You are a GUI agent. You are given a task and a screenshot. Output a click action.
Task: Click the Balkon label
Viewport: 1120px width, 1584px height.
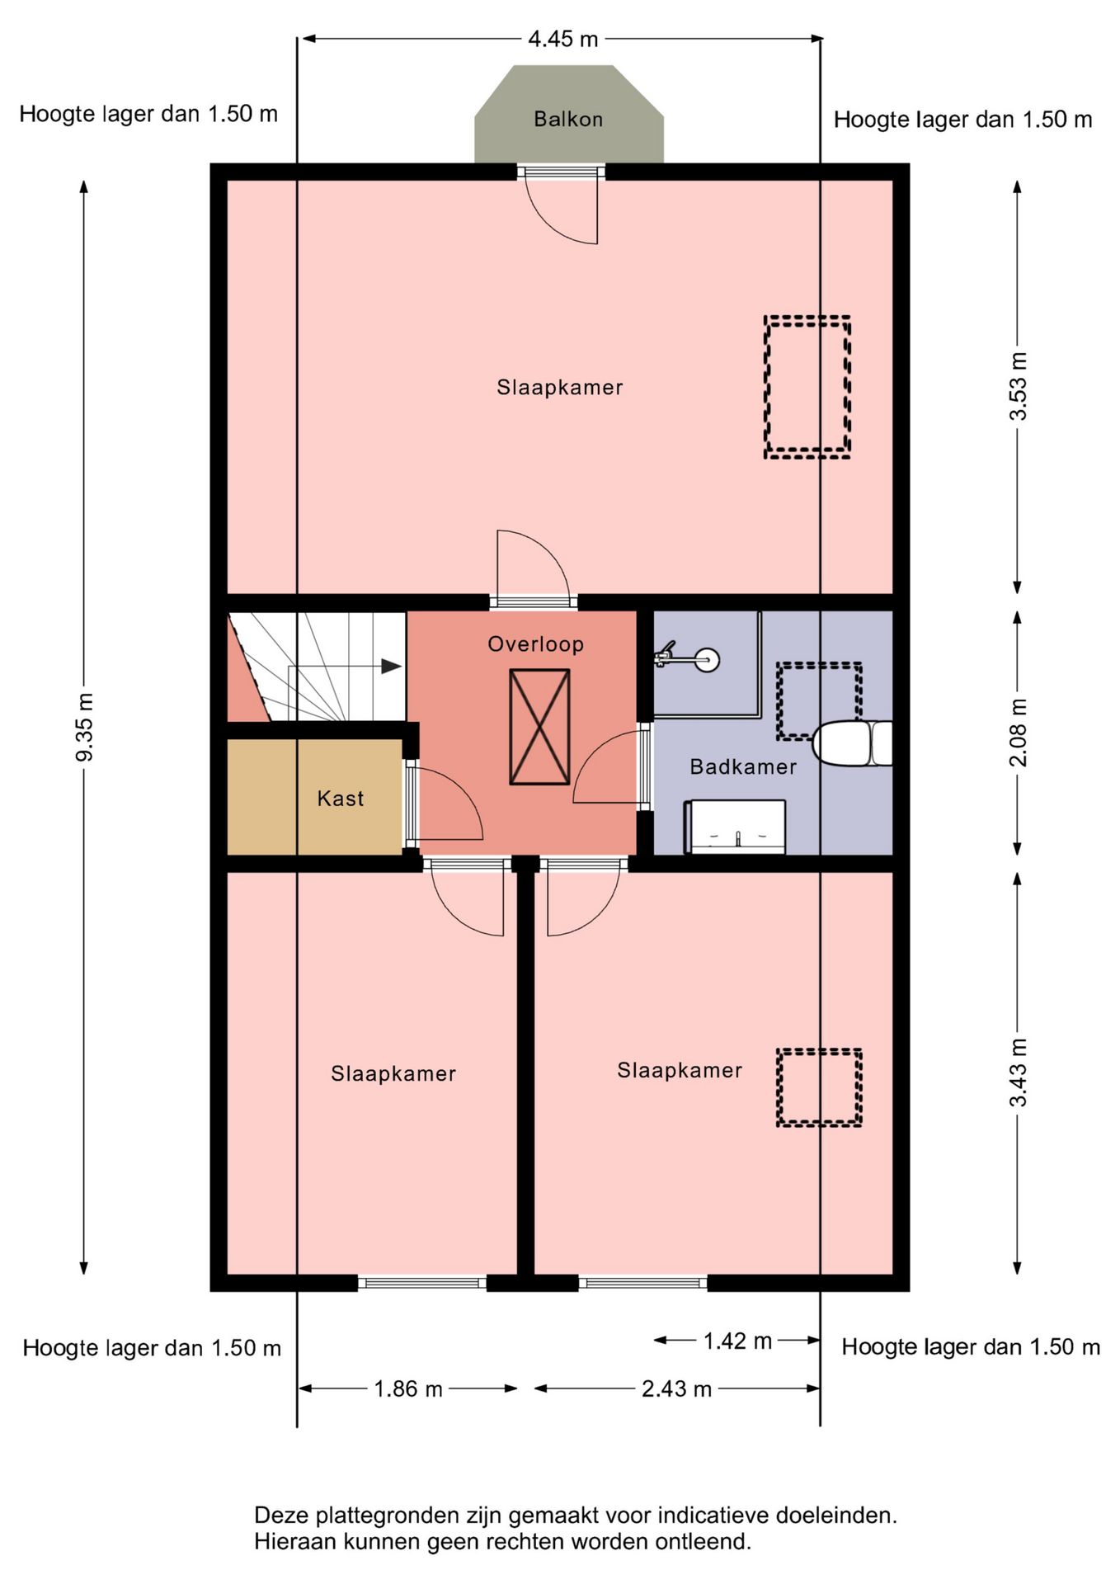(568, 119)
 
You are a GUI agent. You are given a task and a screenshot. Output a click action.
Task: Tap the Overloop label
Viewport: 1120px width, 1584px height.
(536, 644)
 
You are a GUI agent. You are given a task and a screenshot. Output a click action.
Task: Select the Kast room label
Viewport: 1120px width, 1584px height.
(341, 799)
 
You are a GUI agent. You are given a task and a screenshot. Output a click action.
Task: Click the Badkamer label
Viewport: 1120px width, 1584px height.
(743, 767)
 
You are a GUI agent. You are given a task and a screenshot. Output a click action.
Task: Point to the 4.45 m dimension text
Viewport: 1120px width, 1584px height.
(563, 39)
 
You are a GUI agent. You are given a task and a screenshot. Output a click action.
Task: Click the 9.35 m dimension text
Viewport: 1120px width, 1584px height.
(84, 727)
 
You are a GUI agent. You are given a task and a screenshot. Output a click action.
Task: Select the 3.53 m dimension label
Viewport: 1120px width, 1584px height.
(1019, 386)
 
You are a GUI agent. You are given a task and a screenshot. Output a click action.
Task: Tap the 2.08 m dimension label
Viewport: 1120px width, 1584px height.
(1019, 733)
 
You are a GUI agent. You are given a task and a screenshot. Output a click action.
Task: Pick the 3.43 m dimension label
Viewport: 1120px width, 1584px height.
(1019, 1072)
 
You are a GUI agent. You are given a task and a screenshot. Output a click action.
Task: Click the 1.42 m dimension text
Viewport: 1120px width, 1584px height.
(737, 1341)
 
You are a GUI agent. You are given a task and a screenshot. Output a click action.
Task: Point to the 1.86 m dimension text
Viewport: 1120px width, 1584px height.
(408, 1389)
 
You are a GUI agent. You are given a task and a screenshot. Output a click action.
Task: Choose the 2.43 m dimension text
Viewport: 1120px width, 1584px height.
(676, 1389)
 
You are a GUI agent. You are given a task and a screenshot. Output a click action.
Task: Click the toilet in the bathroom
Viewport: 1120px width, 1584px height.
(853, 743)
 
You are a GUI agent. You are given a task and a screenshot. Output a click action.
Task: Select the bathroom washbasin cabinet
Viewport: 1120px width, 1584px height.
(735, 827)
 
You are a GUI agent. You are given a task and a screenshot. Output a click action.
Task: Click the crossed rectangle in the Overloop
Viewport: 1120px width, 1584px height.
(539, 727)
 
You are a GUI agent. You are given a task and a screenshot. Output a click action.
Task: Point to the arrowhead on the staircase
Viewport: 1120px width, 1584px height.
(391, 667)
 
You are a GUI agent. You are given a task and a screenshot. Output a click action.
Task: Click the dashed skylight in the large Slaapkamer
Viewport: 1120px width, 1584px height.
(807, 387)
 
